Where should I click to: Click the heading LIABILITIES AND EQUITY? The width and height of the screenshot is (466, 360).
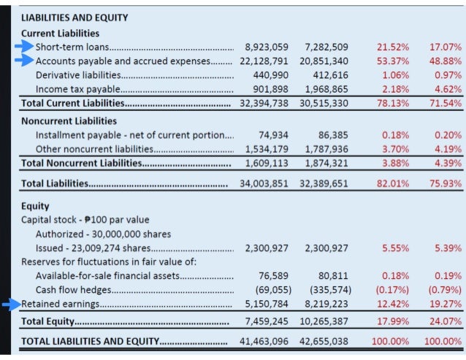click(75, 18)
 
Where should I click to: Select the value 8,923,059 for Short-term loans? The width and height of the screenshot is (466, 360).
click(267, 47)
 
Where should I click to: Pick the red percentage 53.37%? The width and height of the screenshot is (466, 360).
click(393, 61)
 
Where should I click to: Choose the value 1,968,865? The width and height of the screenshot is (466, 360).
click(324, 89)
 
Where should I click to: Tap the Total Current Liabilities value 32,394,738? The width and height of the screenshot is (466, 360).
click(267, 104)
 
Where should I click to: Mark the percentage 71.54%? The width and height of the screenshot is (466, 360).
click(443, 104)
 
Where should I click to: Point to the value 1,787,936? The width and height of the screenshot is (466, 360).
click(324, 149)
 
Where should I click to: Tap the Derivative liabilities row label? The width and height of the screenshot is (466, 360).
click(78, 74)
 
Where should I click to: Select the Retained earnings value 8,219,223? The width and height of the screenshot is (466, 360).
click(324, 304)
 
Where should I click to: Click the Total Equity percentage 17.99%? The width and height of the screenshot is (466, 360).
click(393, 321)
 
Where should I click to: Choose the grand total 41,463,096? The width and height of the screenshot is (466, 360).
click(267, 341)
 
